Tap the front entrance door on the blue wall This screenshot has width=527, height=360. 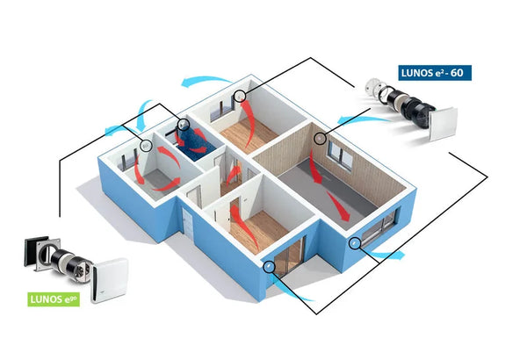(x=189, y=222)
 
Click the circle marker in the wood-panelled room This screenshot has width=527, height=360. (x=320, y=139)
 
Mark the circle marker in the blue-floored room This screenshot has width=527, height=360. (x=183, y=124)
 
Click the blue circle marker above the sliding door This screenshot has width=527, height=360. (x=270, y=264)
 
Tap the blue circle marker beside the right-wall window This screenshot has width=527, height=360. (x=354, y=242)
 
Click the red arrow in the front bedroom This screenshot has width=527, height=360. (x=239, y=217)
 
